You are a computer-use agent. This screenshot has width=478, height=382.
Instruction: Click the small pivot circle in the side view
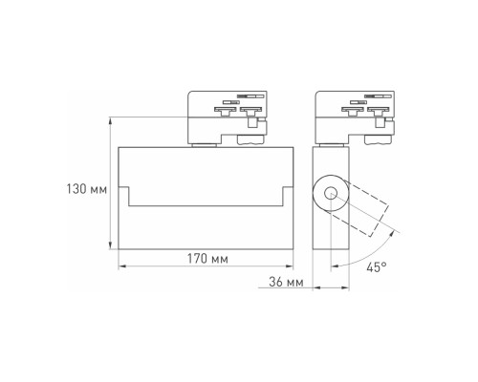tap(332, 195)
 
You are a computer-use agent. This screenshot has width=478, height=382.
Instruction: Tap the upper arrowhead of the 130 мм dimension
tap(112, 120)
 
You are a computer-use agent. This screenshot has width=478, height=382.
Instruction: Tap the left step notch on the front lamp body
tap(127, 195)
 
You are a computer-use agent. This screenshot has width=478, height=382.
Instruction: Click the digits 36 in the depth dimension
tap(275, 283)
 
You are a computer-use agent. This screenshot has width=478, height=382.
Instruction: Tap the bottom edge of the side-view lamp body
tap(331, 263)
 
